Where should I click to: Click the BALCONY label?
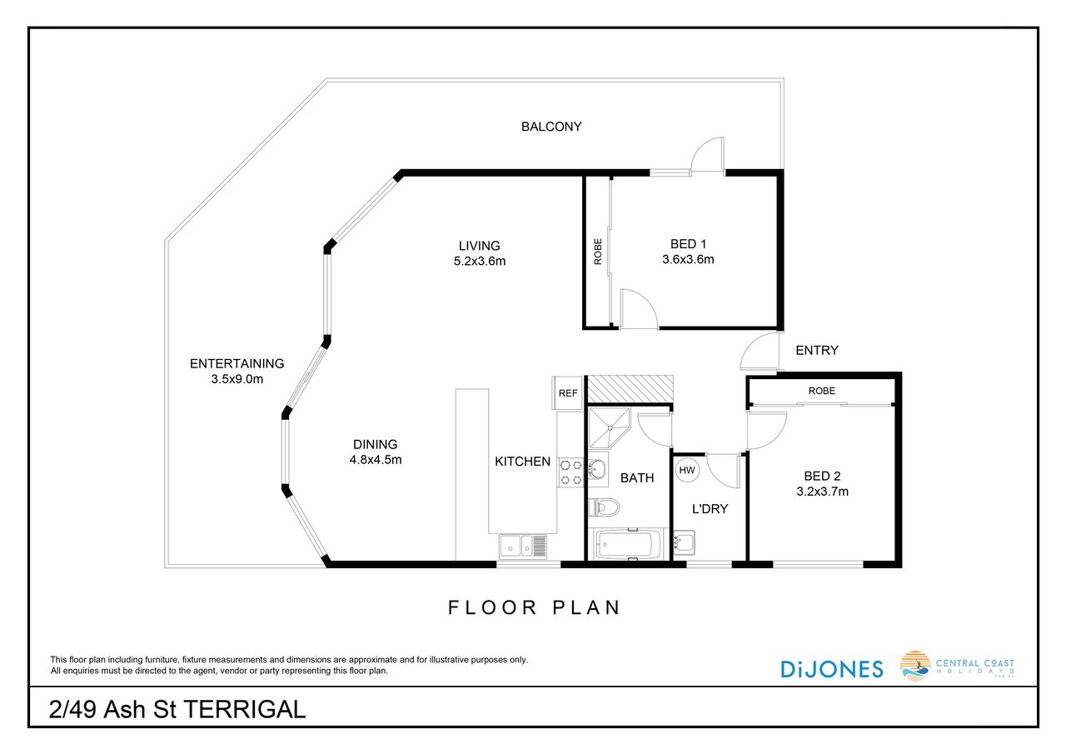(x=551, y=127)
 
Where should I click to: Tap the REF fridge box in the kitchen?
(x=567, y=392)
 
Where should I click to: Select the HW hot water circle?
(x=687, y=470)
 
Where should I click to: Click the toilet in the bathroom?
(x=604, y=507)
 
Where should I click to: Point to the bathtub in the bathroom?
(x=625, y=544)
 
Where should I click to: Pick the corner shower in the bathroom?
(x=609, y=428)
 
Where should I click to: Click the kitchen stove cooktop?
(x=570, y=472)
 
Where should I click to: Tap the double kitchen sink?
(x=523, y=546)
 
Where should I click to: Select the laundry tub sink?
(x=684, y=543)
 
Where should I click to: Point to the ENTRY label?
(x=817, y=351)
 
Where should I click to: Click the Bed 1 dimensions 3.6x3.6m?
(x=688, y=259)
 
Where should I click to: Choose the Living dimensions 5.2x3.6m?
(x=479, y=262)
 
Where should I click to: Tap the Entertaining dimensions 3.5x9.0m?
(x=237, y=379)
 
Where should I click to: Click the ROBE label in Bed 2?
(x=821, y=391)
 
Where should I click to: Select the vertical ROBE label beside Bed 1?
(x=598, y=252)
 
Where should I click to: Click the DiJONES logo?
(x=832, y=669)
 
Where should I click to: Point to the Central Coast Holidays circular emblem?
(x=915, y=666)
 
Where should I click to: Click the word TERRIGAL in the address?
(x=245, y=710)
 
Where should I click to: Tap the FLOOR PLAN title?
(x=534, y=608)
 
